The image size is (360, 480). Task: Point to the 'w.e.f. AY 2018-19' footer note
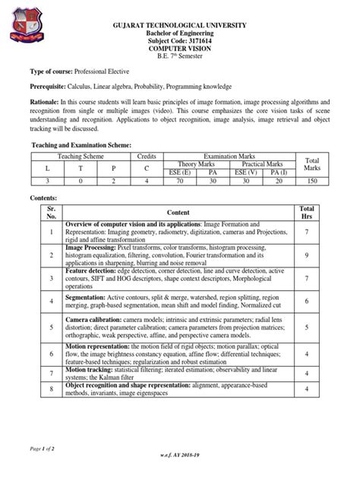(x=181, y=471)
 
